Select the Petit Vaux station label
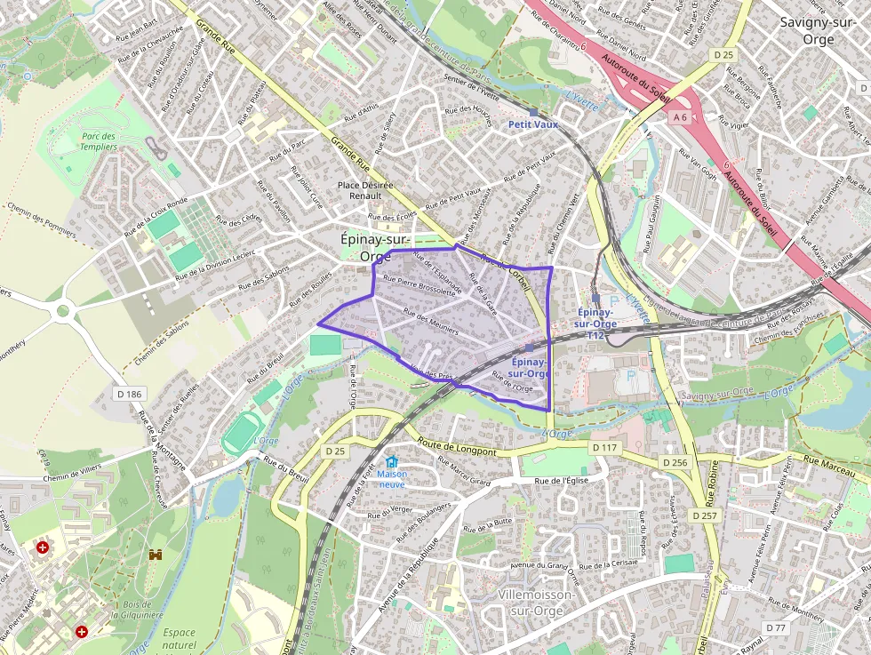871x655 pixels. click(x=533, y=124)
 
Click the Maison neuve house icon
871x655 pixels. click(x=392, y=462)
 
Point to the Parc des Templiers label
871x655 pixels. click(x=99, y=142)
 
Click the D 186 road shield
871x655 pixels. click(x=129, y=393)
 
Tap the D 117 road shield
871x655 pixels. click(x=603, y=447)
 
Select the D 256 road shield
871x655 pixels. click(x=675, y=463)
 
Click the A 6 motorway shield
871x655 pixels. click(x=681, y=116)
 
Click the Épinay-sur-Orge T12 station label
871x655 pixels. click(x=596, y=324)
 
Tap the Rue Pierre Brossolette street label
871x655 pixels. click(x=419, y=290)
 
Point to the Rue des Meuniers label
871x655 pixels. click(x=430, y=321)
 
